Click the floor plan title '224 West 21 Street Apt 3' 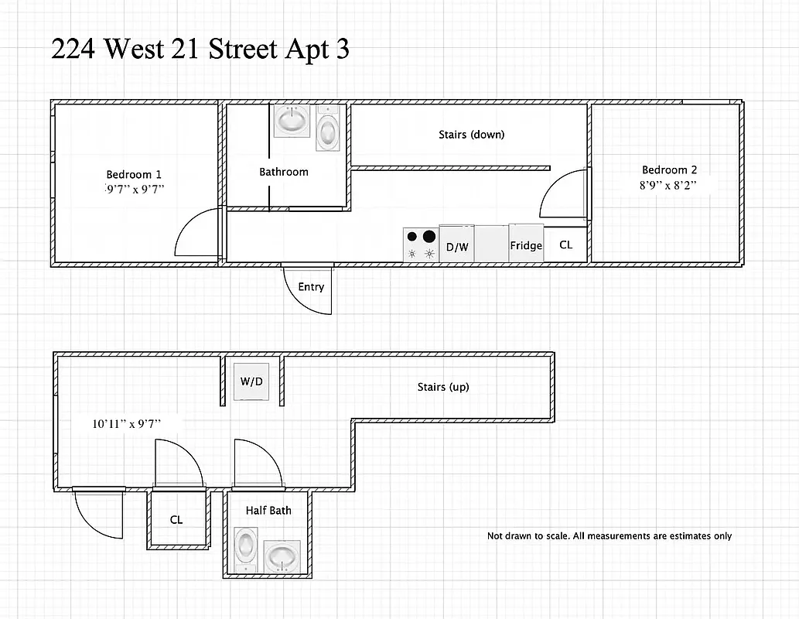pyautogui.click(x=200, y=50)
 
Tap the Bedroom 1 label pyautogui.click(x=134, y=174)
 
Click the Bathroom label pyautogui.click(x=284, y=172)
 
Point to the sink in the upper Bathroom pyautogui.click(x=292, y=121)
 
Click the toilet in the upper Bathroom pyautogui.click(x=328, y=129)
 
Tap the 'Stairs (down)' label pyautogui.click(x=471, y=135)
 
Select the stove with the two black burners pyautogui.click(x=420, y=245)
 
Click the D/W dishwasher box pyautogui.click(x=456, y=245)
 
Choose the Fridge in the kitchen pyautogui.click(x=526, y=245)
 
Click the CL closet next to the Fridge pyautogui.click(x=566, y=245)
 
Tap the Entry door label pyautogui.click(x=311, y=287)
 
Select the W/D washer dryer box pyautogui.click(x=251, y=381)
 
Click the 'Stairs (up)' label pyautogui.click(x=443, y=387)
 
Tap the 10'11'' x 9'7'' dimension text pyautogui.click(x=127, y=424)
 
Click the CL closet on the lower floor pyautogui.click(x=176, y=520)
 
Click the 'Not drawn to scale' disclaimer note pyautogui.click(x=609, y=536)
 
